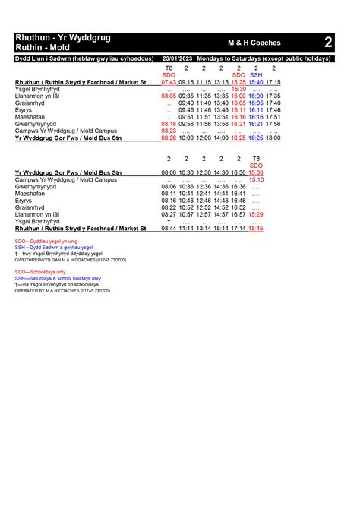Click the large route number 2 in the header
pos(327,42)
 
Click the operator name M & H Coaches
pos(254,43)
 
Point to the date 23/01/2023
pos(177,58)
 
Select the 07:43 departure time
pos(169,82)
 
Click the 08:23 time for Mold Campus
pos(169,131)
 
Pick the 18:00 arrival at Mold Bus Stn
pos(273,138)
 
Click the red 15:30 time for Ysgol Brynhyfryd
pos(238,89)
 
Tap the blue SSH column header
pos(256,75)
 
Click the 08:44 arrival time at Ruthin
pos(169,228)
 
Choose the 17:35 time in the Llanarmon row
pos(273,96)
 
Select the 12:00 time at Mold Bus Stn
pos(204,138)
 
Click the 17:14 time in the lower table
pos(238,228)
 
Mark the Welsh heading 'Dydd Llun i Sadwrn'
pos(46,58)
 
